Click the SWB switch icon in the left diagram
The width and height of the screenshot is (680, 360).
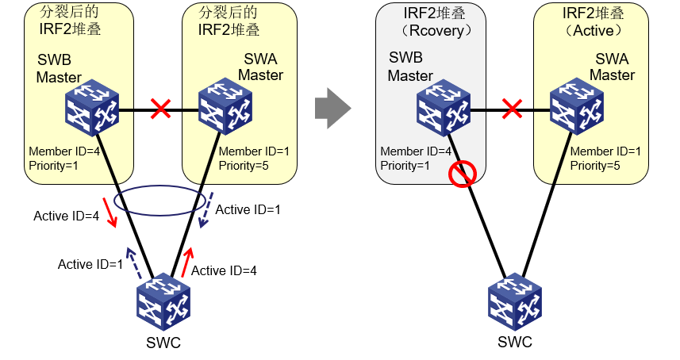pos(91,110)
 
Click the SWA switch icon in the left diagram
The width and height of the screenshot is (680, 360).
pos(225,110)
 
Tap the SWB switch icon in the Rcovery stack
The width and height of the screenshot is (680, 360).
pos(444,110)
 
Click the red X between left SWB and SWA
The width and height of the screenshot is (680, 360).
pos(161,109)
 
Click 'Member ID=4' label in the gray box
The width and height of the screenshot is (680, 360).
pos(416,151)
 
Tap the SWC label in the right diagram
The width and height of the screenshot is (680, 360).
pos(515,343)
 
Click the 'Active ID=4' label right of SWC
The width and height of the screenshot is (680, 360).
pos(225,270)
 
